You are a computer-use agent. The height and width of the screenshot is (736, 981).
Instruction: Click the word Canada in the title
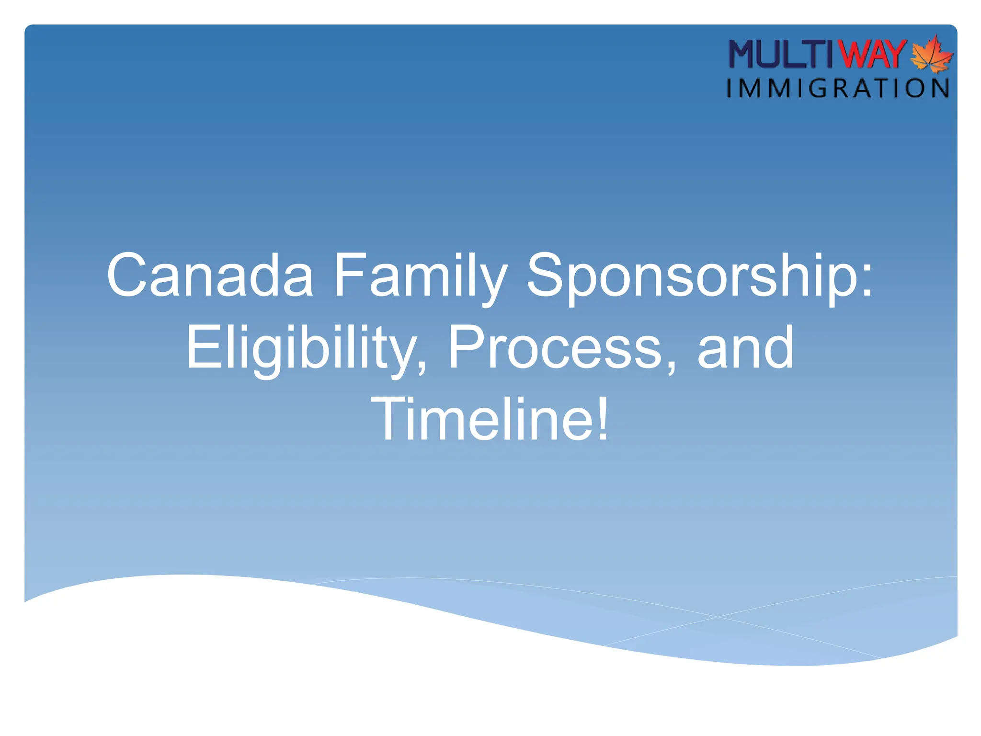[x=210, y=276]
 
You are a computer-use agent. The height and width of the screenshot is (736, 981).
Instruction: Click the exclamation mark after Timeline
[x=602, y=419]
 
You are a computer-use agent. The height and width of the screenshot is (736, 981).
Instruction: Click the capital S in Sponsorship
[x=546, y=276]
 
